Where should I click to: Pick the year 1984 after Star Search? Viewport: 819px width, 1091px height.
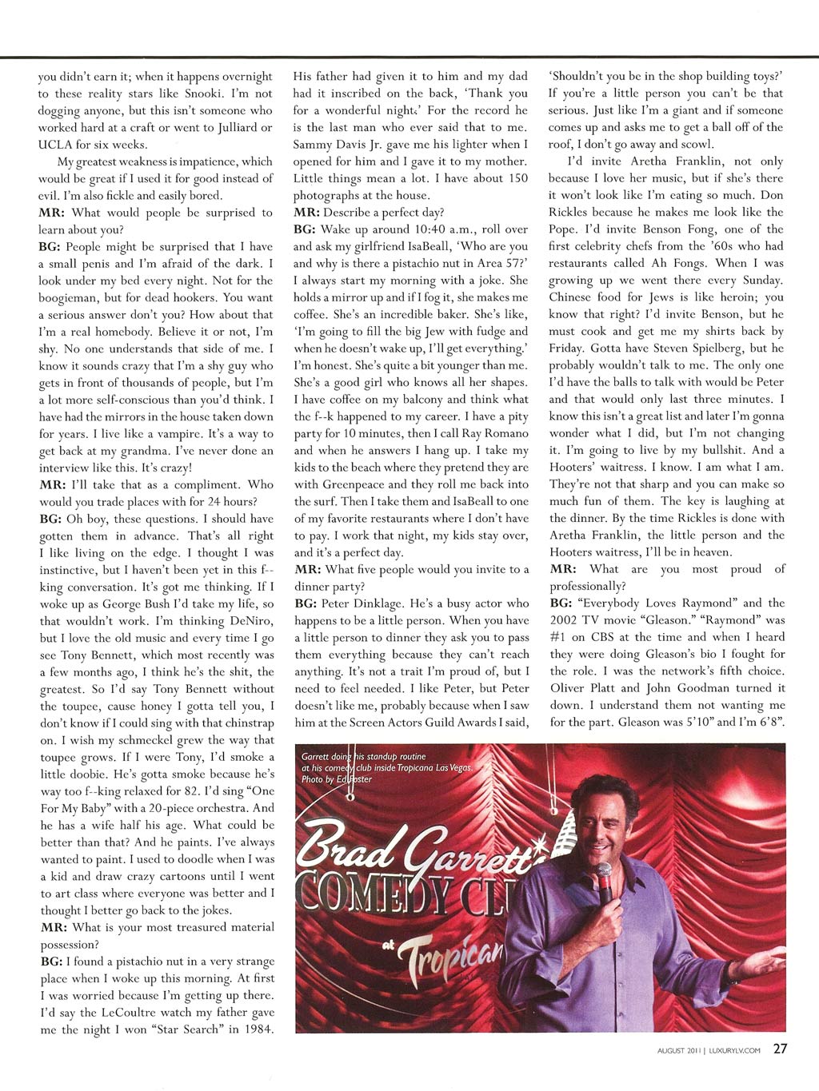coord(257,1029)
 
